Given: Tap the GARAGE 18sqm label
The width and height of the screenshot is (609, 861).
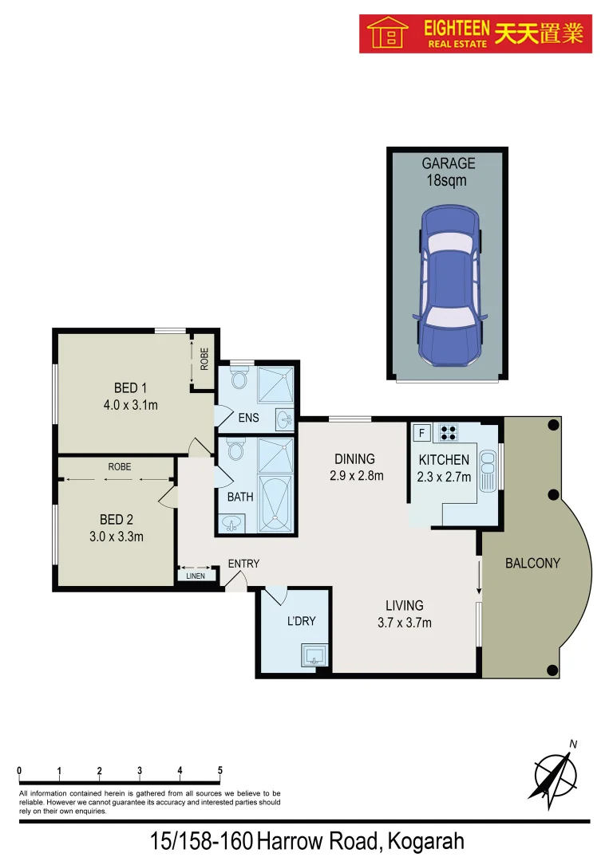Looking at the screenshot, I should pyautogui.click(x=448, y=171).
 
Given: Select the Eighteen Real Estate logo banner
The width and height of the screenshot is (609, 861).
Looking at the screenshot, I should pyautogui.click(x=475, y=33).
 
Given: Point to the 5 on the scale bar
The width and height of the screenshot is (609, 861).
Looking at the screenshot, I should pyautogui.click(x=219, y=770).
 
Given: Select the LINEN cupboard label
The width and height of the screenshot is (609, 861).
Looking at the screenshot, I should pyautogui.click(x=196, y=576).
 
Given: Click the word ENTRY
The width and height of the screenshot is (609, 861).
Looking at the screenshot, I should pyautogui.click(x=243, y=564).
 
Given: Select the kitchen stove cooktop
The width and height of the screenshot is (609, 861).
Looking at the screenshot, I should pyautogui.click(x=448, y=433).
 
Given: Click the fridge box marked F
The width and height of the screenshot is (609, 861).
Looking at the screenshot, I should pyautogui.click(x=421, y=433).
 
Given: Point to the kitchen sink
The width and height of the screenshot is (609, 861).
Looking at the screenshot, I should pyautogui.click(x=487, y=470).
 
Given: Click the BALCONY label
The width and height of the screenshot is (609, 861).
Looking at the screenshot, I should pyautogui.click(x=532, y=563).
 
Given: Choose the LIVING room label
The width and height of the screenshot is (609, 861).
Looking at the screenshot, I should pyautogui.click(x=404, y=605).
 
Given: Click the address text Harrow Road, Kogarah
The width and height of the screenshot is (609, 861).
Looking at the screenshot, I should pyautogui.click(x=361, y=841).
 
